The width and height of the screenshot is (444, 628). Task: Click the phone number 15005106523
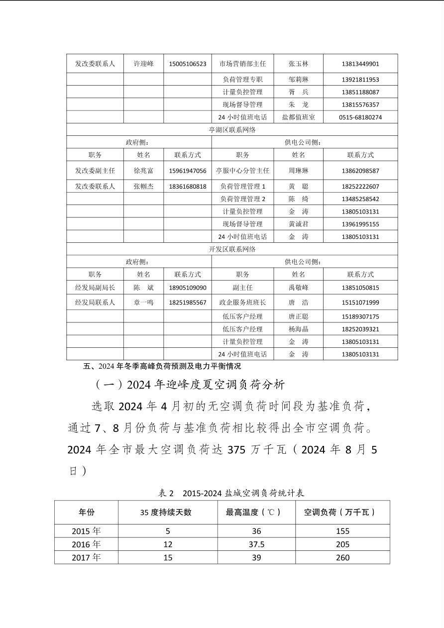[x=187, y=64]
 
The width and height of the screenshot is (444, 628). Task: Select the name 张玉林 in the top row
[x=298, y=64]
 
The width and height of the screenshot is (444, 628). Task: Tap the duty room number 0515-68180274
[x=360, y=117]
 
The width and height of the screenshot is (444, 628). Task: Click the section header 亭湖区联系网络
[x=232, y=130]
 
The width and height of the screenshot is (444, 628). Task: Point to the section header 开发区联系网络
[x=232, y=249]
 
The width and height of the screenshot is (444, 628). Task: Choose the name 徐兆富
[x=143, y=171]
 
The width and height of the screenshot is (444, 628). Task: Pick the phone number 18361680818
[x=187, y=187]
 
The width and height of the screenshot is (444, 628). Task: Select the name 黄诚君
[x=298, y=224]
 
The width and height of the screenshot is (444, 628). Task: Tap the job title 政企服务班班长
[x=242, y=303]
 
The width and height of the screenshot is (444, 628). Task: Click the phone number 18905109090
[x=187, y=288]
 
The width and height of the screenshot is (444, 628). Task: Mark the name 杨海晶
[x=298, y=329]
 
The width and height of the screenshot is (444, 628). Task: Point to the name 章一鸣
[x=143, y=303]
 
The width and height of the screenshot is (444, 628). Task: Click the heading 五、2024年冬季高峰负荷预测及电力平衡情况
[x=162, y=366]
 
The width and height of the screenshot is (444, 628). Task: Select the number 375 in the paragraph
[x=237, y=449]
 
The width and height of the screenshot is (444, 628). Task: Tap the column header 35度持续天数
[x=168, y=512]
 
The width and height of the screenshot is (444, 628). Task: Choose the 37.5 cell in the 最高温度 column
[x=256, y=544]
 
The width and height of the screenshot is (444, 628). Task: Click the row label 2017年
[x=86, y=557]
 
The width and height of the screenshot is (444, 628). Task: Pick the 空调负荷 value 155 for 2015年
[x=342, y=531]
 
